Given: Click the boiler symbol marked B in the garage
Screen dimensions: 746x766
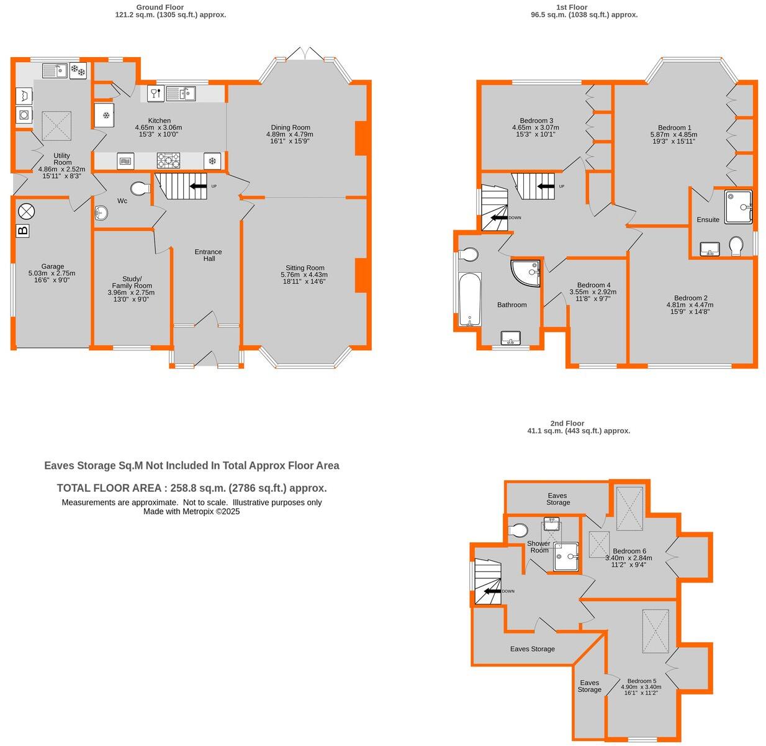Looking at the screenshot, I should point(23,231).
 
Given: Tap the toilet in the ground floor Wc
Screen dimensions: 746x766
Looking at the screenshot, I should point(140,188).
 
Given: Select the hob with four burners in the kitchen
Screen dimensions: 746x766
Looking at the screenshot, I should point(168,161).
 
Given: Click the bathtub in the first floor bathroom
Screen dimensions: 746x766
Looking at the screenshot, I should point(470,299).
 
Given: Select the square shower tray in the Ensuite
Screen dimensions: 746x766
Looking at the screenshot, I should point(738,207).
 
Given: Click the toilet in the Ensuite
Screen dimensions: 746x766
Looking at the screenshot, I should point(737,245).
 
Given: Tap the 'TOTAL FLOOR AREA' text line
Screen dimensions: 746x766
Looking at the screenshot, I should point(191,488).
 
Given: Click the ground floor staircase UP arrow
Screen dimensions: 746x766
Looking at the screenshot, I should point(199,186).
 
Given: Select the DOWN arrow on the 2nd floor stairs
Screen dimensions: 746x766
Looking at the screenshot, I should point(493,591).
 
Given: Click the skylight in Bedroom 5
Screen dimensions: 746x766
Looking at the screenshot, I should point(656,631).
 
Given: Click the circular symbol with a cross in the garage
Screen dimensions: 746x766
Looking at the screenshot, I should point(27,211).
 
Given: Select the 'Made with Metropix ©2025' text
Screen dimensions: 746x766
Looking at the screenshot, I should point(191,512).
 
